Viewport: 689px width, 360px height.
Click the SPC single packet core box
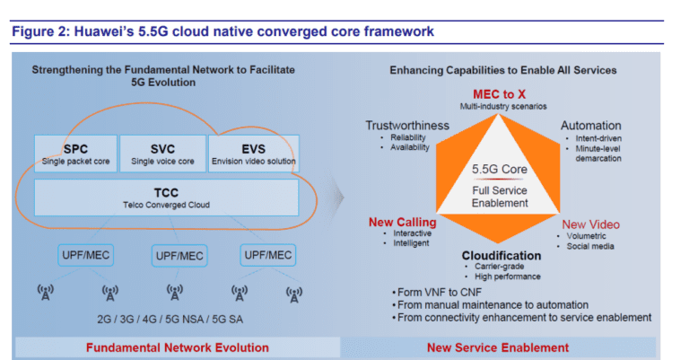[75, 154]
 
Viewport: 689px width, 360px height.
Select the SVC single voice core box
[161, 154]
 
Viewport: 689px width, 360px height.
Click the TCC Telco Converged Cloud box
[167, 198]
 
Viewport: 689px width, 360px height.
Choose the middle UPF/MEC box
[179, 255]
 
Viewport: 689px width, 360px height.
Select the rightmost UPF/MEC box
[267, 255]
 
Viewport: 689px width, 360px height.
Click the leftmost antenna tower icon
[44, 294]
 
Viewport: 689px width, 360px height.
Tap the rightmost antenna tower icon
[293, 294]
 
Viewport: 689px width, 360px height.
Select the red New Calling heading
[403, 223]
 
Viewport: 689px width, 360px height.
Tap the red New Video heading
[591, 224]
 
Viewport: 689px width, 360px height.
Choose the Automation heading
[591, 126]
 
